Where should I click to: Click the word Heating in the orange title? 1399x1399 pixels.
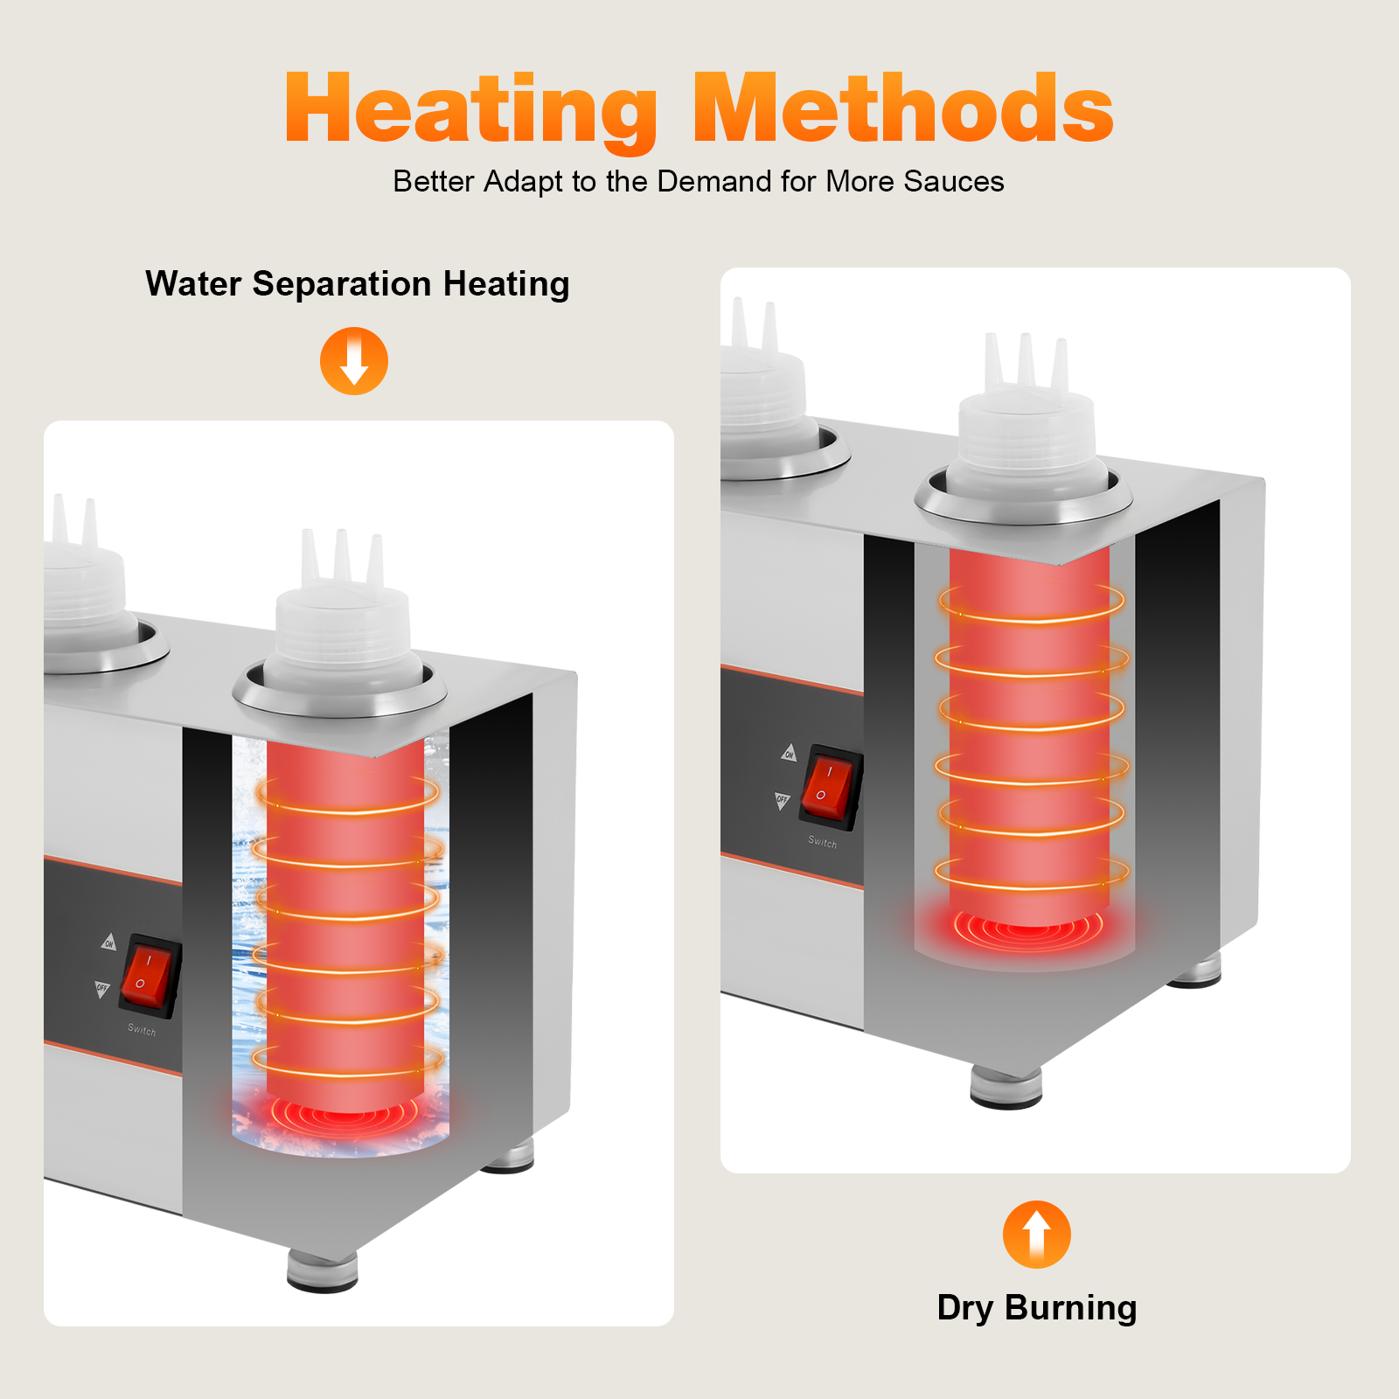click(x=472, y=109)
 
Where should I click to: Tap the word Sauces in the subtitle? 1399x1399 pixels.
click(x=954, y=181)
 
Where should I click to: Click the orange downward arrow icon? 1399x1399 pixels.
click(x=354, y=361)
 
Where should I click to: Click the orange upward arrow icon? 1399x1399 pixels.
click(x=1037, y=1235)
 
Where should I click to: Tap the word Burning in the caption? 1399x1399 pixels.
click(x=1071, y=1309)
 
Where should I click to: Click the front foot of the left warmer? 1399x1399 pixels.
click(x=323, y=1271)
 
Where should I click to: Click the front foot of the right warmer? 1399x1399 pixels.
click(x=1006, y=1086)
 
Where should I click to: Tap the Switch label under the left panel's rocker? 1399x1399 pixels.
click(x=142, y=1030)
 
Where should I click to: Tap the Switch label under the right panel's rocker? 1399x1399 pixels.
click(x=822, y=842)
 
